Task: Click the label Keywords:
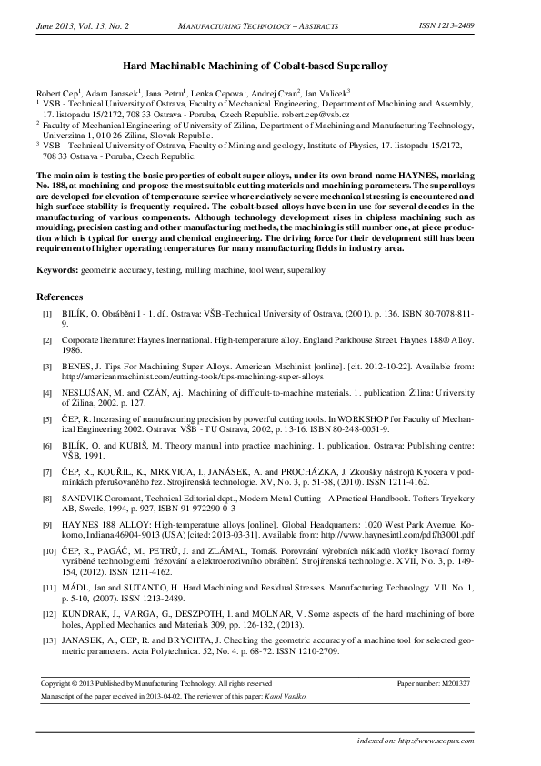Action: [57, 271]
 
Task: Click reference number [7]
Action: [47, 471]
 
